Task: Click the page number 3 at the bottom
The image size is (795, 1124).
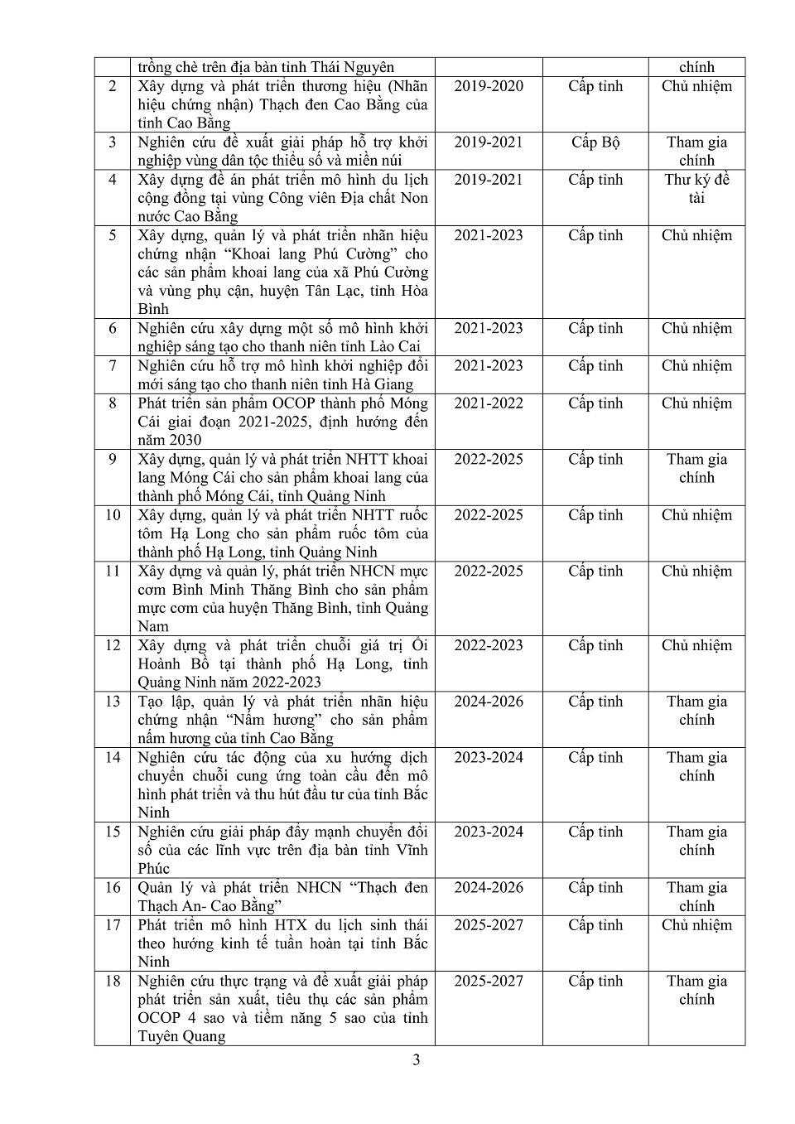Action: point(417,1060)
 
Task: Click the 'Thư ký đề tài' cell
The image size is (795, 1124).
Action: point(696,189)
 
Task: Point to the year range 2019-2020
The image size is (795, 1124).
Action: point(489,86)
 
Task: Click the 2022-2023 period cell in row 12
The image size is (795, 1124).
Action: point(489,645)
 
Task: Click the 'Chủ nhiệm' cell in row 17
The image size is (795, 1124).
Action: point(696,925)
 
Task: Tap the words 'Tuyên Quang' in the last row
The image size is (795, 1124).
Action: point(181,1036)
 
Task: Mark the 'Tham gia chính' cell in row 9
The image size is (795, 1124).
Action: point(696,468)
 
